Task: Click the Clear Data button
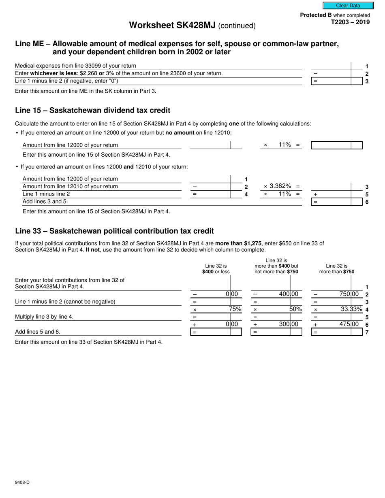click(x=348, y=6)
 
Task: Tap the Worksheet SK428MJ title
click(x=192, y=25)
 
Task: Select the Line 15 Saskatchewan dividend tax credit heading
click(x=92, y=111)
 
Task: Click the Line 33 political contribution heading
click(x=114, y=231)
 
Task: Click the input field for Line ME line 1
click(x=336, y=66)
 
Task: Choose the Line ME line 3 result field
click(x=336, y=81)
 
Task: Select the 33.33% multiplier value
click(x=351, y=309)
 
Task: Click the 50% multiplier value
click(x=295, y=309)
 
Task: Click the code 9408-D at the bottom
click(x=22, y=482)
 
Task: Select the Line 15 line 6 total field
click(x=336, y=201)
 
